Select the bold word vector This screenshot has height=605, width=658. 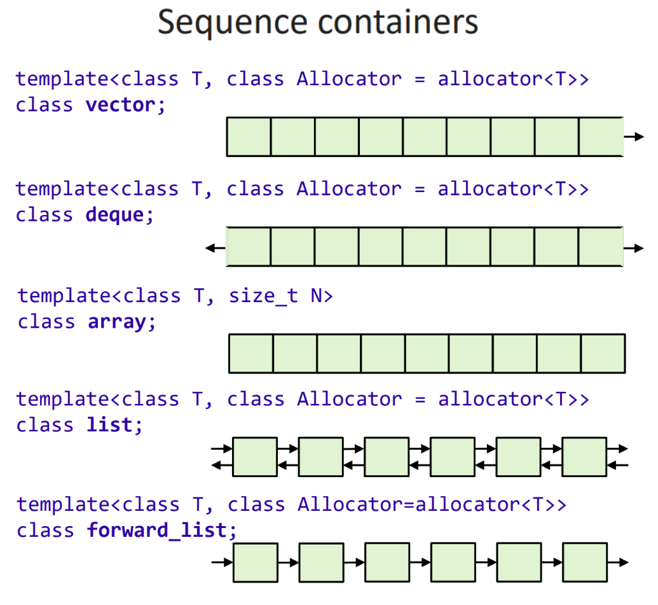point(120,105)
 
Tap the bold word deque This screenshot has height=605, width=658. point(114,215)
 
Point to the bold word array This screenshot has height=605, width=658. point(117,322)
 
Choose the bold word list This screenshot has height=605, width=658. point(109,425)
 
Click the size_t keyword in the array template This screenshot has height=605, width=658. point(264,296)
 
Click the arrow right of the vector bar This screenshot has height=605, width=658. point(634,137)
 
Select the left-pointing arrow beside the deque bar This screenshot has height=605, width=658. point(216,248)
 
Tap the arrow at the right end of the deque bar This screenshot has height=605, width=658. point(634,248)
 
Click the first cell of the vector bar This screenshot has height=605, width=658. point(249,137)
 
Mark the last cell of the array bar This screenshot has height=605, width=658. point(603,353)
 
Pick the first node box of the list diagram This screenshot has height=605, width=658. point(255,457)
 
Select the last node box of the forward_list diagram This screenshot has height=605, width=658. point(584,562)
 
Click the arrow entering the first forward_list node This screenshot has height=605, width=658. point(222,562)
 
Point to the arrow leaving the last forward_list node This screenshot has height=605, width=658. point(618,562)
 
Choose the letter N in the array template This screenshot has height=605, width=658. point(317,296)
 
